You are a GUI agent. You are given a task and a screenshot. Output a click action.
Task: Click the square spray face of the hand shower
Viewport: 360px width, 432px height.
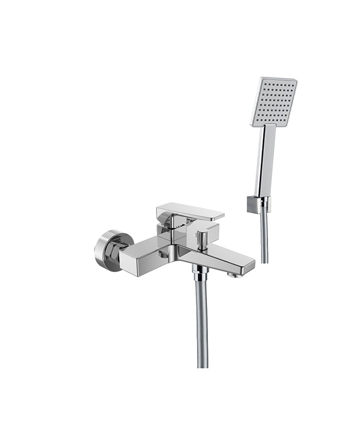pos(274,101)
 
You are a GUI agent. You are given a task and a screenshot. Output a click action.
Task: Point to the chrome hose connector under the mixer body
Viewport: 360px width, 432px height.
pos(201,272)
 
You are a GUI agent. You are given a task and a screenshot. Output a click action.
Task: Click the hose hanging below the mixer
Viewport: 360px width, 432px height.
pos(202,320)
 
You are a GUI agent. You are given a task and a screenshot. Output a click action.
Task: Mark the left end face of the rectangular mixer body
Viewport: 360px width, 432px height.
pos(127,258)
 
